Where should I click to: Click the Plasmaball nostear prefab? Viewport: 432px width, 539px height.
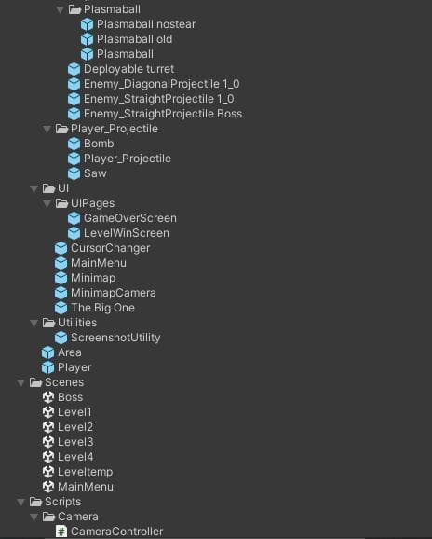click(146, 24)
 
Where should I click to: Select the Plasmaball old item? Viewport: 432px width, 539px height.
click(134, 39)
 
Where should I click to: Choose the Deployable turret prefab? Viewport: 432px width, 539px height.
click(128, 69)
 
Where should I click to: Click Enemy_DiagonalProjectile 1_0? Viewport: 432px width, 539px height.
click(162, 84)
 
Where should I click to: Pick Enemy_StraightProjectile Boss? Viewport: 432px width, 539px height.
click(163, 114)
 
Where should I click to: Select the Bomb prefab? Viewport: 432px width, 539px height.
click(99, 144)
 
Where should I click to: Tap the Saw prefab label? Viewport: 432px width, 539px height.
click(95, 173)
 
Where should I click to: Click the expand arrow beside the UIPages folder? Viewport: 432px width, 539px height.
click(47, 203)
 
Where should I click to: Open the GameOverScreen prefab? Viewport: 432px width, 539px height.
click(130, 218)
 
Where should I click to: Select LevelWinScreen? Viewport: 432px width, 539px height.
click(127, 233)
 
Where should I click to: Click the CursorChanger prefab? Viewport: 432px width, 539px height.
click(110, 248)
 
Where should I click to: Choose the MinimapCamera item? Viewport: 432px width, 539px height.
click(114, 293)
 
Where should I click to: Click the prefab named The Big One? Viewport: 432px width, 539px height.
click(102, 308)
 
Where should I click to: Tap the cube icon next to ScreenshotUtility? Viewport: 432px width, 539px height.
click(61, 338)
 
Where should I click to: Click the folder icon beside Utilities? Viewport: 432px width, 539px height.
click(48, 323)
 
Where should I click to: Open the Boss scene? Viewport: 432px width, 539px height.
click(70, 397)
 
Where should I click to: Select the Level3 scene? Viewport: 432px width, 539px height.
click(75, 442)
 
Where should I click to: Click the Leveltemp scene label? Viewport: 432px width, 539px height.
click(85, 472)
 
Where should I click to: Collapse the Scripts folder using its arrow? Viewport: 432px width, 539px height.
click(20, 502)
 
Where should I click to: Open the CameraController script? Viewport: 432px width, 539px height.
click(116, 532)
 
